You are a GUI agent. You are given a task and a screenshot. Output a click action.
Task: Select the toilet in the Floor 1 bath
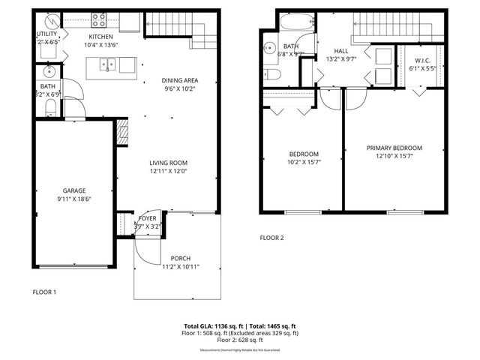pyautogui.click(x=49, y=109)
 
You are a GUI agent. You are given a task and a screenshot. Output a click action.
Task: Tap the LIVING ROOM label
pyautogui.click(x=168, y=163)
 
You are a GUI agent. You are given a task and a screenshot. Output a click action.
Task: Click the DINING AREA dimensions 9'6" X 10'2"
pyautogui.click(x=180, y=88)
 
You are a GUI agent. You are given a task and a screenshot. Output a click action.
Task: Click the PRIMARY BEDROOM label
pyautogui.click(x=394, y=148)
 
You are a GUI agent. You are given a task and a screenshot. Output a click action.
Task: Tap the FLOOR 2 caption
pyautogui.click(x=272, y=238)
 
